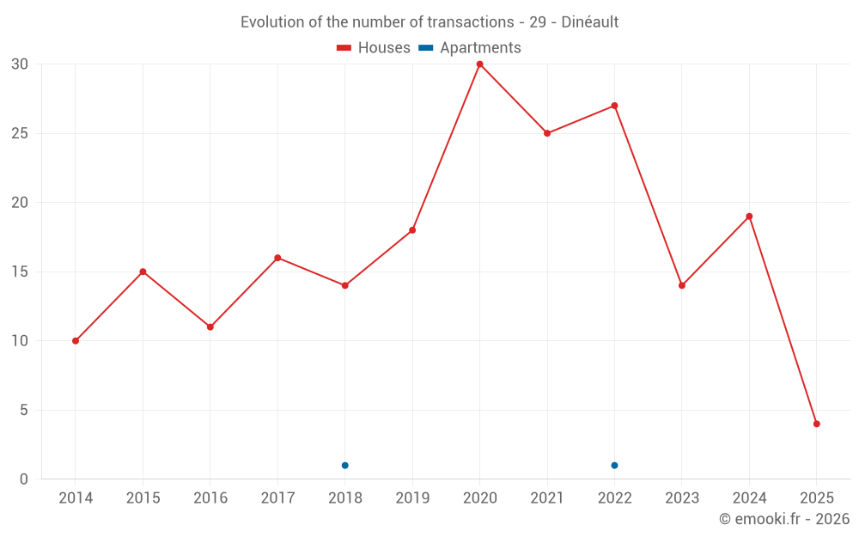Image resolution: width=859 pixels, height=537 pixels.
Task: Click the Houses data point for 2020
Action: tap(479, 64)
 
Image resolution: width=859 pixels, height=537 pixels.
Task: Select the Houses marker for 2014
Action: tap(76, 341)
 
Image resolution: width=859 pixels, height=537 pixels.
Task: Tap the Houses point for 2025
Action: tap(816, 424)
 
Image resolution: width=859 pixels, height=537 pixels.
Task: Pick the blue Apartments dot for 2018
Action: tap(344, 466)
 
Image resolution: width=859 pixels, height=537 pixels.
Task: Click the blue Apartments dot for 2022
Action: tap(614, 466)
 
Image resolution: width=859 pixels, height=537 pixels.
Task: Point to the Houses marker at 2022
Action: tap(614, 106)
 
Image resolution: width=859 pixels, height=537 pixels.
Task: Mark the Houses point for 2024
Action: tap(749, 217)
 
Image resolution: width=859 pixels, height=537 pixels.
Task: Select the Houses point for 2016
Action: tap(210, 327)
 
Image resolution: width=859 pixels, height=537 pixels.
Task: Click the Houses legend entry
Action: tap(374, 48)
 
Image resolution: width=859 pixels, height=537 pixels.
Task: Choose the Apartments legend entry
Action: tap(471, 48)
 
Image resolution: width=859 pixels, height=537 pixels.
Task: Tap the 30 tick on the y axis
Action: tap(20, 64)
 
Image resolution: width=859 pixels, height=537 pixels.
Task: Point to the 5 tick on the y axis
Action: tap(24, 410)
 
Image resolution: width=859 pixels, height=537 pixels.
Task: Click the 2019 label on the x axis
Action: tap(411, 498)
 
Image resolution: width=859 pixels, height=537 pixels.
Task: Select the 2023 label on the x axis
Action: tap(681, 498)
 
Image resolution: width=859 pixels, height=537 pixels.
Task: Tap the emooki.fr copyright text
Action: tap(783, 519)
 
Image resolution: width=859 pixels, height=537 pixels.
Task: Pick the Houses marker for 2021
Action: tap(546, 133)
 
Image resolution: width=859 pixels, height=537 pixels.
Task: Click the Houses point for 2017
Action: tap(277, 258)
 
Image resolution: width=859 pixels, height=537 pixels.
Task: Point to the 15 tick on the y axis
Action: tap(20, 272)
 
